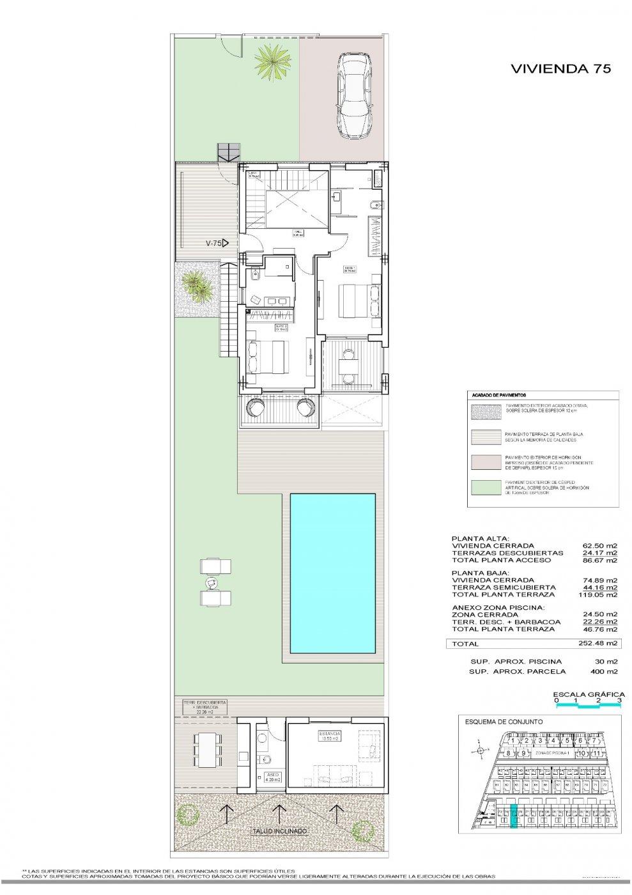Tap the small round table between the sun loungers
(x=211, y=582)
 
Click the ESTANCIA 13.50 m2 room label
(x=332, y=735)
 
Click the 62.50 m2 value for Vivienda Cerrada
(x=600, y=545)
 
